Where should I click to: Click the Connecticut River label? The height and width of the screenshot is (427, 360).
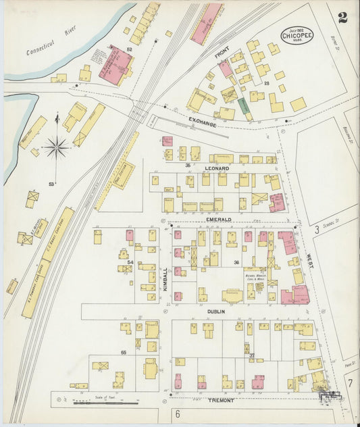pyautogui.click(x=50, y=41)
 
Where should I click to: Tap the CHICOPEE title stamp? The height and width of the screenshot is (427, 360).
pyautogui.click(x=297, y=35)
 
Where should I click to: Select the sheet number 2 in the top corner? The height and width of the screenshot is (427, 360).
pyautogui.click(x=342, y=18)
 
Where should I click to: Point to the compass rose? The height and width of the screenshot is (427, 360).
pyautogui.click(x=57, y=147)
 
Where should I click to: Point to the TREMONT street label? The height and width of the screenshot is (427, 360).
pyautogui.click(x=220, y=401)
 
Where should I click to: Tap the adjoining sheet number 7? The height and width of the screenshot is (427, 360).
pyautogui.click(x=349, y=383)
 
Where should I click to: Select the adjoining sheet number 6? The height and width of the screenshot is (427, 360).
pyautogui.click(x=178, y=413)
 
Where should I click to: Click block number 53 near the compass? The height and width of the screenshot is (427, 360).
pyautogui.click(x=51, y=184)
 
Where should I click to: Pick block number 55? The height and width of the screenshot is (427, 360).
pyautogui.click(x=124, y=353)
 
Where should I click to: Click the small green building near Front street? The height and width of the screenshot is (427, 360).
pyautogui.click(x=244, y=106)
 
